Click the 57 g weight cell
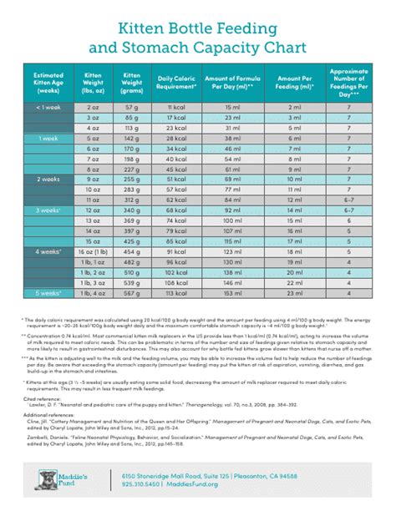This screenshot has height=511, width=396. pos(131,107)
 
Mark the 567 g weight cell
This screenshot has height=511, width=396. pos(131,294)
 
